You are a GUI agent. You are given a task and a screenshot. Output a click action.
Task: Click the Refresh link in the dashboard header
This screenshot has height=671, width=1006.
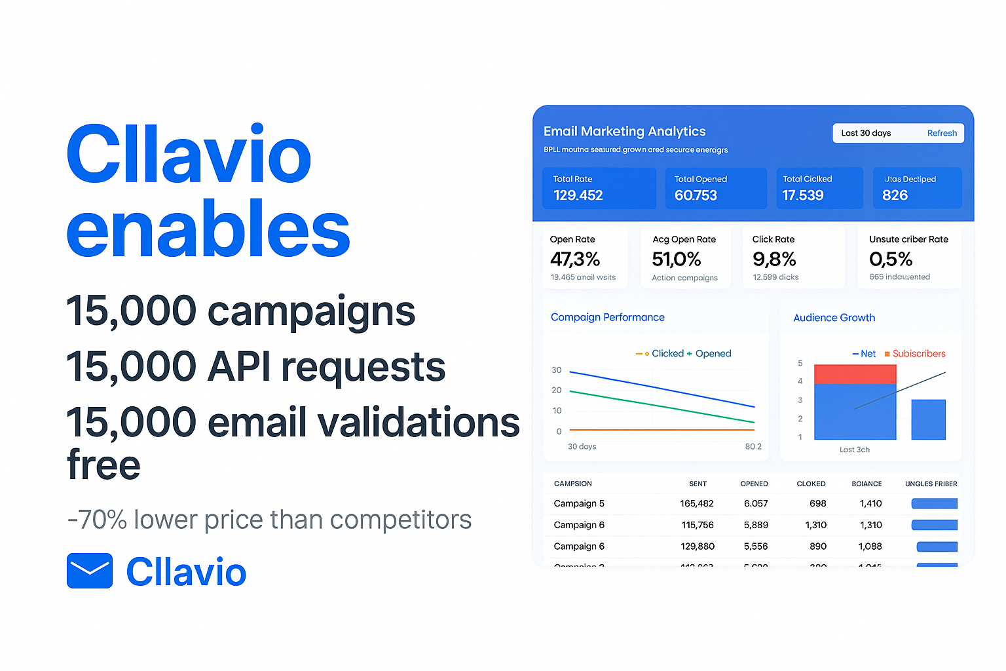pos(942,133)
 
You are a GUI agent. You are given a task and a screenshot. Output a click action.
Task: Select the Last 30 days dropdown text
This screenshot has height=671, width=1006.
pos(866,133)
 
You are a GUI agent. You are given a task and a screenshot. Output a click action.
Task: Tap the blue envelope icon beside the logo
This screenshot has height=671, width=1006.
pos(90,571)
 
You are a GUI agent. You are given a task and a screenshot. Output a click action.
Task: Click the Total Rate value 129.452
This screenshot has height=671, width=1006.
pos(578,195)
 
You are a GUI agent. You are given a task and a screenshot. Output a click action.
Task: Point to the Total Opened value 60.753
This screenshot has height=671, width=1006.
pos(696,195)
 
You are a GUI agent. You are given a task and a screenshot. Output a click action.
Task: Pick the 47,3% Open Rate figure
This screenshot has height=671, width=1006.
pos(575,259)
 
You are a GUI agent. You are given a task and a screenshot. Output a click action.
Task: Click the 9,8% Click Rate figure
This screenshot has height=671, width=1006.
pos(774,259)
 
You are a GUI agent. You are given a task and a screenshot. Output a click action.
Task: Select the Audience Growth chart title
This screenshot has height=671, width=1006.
pos(834,318)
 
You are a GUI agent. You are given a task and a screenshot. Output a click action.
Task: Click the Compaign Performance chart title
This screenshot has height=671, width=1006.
pos(607,317)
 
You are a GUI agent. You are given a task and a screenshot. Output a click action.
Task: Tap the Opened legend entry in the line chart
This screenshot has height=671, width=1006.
pos(713,354)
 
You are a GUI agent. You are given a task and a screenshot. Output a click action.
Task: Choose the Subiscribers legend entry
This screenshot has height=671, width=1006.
pos(918,354)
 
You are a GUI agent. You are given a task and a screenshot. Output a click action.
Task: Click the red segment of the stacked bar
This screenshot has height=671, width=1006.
pos(855,374)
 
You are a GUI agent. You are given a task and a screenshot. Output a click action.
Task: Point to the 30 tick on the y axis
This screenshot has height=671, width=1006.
pos(557,370)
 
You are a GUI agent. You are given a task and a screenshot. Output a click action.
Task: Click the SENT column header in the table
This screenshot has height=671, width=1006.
pos(698,484)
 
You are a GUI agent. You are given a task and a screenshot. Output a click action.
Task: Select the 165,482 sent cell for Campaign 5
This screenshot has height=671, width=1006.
pos(696,503)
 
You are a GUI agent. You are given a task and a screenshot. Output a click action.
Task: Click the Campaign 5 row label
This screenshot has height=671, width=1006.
pos(579,503)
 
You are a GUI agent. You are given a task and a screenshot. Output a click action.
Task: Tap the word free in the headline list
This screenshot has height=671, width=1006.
pos(103,465)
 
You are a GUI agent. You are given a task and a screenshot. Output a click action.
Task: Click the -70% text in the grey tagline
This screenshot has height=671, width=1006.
pos(98,520)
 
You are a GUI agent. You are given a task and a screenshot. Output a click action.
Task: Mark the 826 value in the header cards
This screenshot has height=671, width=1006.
pos(895,195)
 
